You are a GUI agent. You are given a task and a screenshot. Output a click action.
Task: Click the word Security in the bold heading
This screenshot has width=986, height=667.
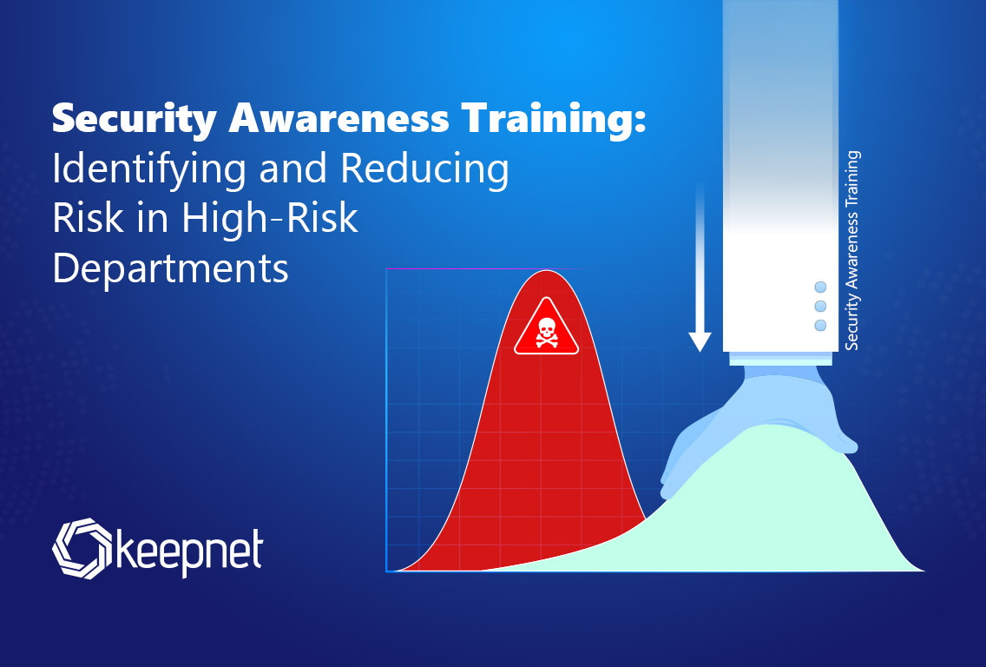tap(135, 119)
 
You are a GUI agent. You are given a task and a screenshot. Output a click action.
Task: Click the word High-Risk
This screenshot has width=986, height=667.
tap(269, 218)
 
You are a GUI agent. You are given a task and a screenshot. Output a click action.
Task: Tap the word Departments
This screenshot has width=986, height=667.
tap(170, 269)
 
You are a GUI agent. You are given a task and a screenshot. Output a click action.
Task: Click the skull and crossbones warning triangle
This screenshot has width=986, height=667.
tap(546, 327)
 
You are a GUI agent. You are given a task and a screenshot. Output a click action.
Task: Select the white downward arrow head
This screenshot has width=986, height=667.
tap(700, 341)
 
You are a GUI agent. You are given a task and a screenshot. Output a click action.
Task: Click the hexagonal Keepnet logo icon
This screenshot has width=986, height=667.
tap(82, 548)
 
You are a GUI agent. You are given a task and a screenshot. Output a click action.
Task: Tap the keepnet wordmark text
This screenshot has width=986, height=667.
tap(189, 551)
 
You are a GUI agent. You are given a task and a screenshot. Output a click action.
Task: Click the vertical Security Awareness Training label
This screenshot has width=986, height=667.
tap(851, 250)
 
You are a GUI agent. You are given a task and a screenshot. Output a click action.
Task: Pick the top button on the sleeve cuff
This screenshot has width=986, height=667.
tap(820, 287)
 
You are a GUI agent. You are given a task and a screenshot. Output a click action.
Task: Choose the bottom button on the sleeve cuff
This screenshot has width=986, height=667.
tap(820, 326)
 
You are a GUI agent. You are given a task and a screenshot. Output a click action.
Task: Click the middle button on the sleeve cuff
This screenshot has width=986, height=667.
tap(820, 306)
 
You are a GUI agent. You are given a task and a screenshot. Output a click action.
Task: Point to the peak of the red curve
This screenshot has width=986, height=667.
tap(547, 271)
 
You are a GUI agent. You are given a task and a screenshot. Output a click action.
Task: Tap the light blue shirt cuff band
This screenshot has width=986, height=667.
tap(780, 359)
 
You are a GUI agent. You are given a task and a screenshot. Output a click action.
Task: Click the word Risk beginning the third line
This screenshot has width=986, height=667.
tap(88, 218)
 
